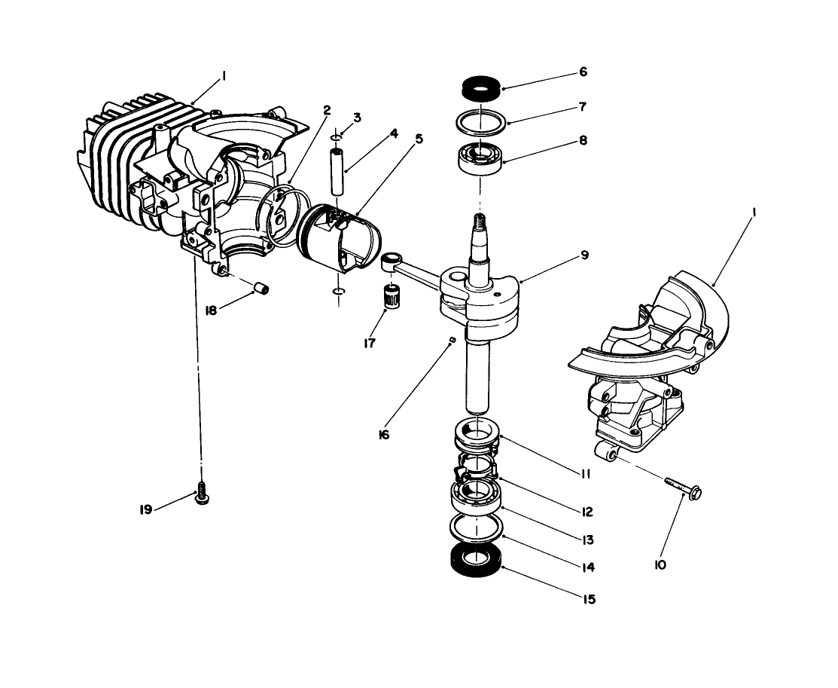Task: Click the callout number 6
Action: (584, 72)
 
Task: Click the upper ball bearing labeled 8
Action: (480, 157)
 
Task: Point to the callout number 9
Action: (584, 255)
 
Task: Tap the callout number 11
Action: (585, 474)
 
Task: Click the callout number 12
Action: (587, 512)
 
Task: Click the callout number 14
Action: (587, 567)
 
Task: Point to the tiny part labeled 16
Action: (450, 340)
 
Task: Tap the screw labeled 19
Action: (202, 495)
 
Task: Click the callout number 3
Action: (357, 118)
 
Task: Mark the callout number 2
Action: (327, 110)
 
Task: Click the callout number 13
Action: (587, 540)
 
